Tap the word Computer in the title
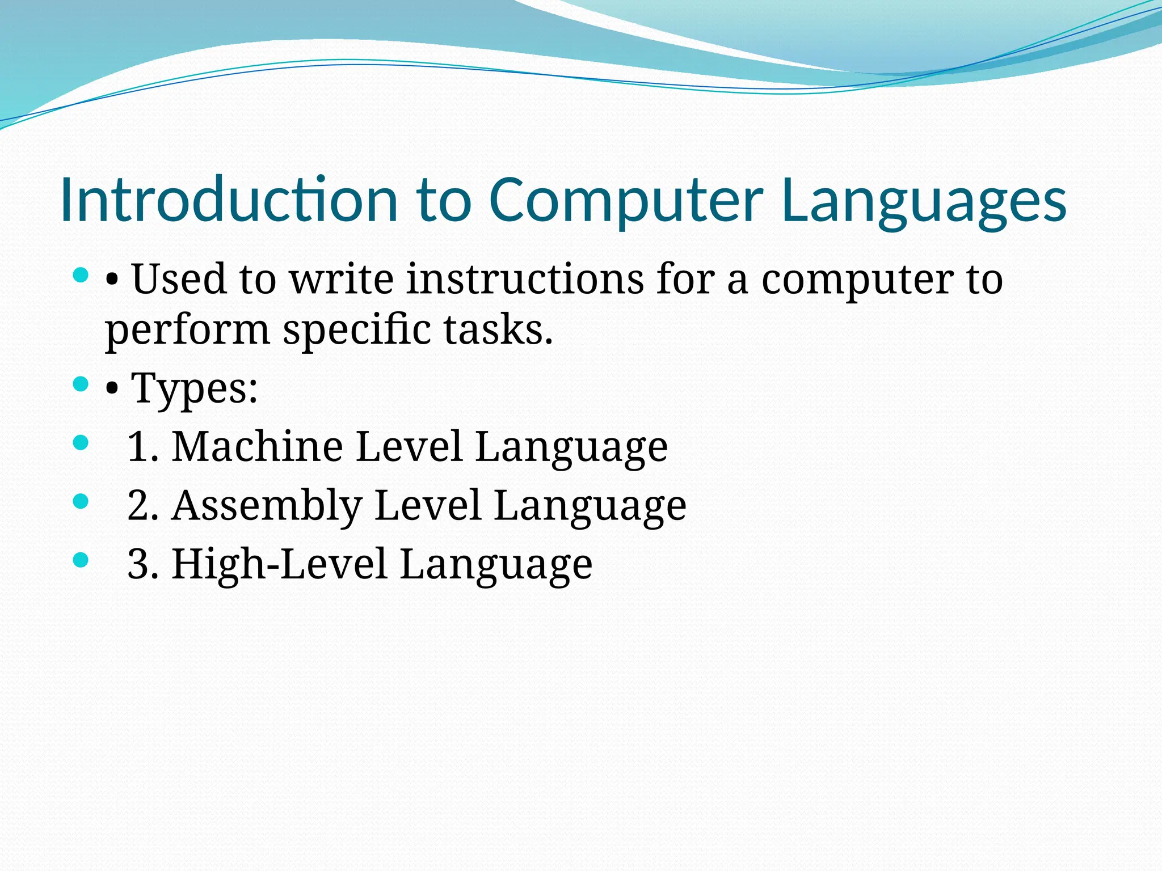(626, 200)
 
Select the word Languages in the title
(924, 200)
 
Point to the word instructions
(525, 279)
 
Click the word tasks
(498, 330)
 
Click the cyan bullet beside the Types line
(81, 384)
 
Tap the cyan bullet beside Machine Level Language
(81, 442)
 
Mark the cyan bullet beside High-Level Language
(81, 560)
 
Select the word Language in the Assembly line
(590, 506)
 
